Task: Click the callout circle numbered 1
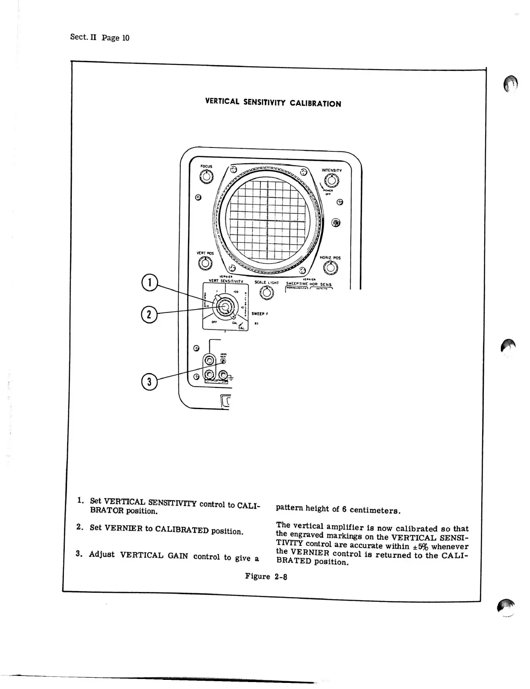[x=149, y=282]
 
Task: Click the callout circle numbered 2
[x=149, y=314]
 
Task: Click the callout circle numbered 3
[x=149, y=382]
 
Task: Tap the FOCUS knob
[x=206, y=177]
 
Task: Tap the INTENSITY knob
[x=332, y=180]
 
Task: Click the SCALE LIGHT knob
[x=266, y=293]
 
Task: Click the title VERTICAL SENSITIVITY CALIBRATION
[x=273, y=103]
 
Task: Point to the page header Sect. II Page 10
[x=100, y=37]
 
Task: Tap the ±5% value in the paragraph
[x=417, y=546]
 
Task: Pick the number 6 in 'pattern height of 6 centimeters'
[x=343, y=509]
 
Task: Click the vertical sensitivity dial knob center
[x=225, y=306]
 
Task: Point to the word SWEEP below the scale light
[x=258, y=313]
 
